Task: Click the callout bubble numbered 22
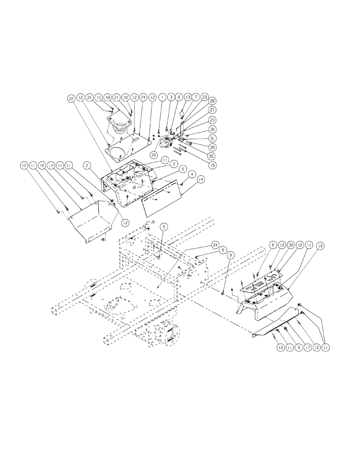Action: pyautogui.click(x=71, y=98)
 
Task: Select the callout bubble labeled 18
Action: pyautogui.click(x=107, y=98)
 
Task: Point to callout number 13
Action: pyautogui.click(x=187, y=98)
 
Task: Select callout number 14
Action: pyautogui.click(x=201, y=179)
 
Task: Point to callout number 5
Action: pyautogui.click(x=164, y=227)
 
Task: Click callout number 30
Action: pyautogui.click(x=291, y=245)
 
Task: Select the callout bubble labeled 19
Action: pyautogui.click(x=320, y=245)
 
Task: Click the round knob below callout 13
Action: pyautogui.click(x=182, y=114)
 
